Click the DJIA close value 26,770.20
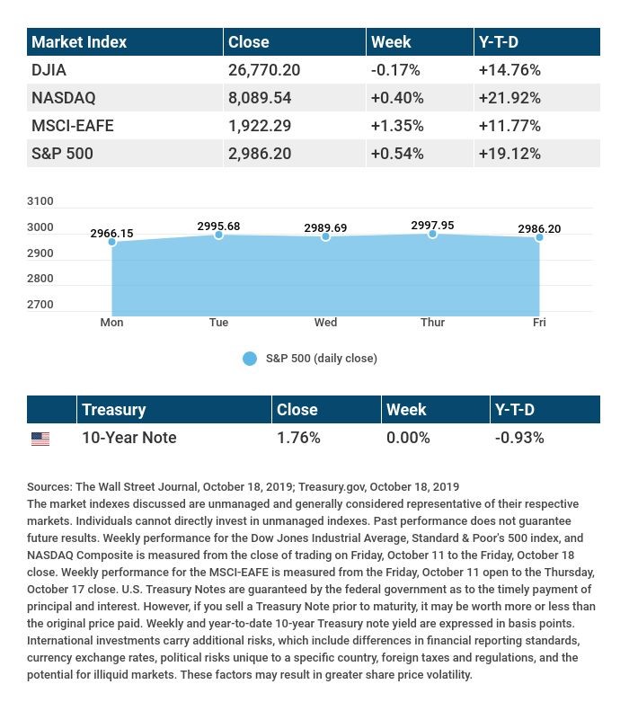(x=264, y=70)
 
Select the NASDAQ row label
(x=63, y=98)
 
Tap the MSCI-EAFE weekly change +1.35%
(x=397, y=126)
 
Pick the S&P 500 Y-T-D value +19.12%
(x=509, y=154)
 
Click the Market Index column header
(x=79, y=42)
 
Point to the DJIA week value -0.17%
(x=396, y=70)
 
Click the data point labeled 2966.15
(x=111, y=242)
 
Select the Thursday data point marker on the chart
(x=432, y=234)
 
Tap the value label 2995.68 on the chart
(x=218, y=227)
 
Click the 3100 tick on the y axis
(x=40, y=201)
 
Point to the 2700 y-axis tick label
(x=40, y=305)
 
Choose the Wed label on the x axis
(x=325, y=323)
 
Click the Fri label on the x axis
(x=538, y=323)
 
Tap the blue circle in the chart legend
(x=250, y=359)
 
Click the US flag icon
(x=40, y=439)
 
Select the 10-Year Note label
(x=128, y=438)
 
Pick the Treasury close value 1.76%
(x=298, y=438)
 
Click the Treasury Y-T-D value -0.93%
(x=519, y=438)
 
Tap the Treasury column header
(x=113, y=410)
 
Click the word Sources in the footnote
(x=49, y=487)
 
